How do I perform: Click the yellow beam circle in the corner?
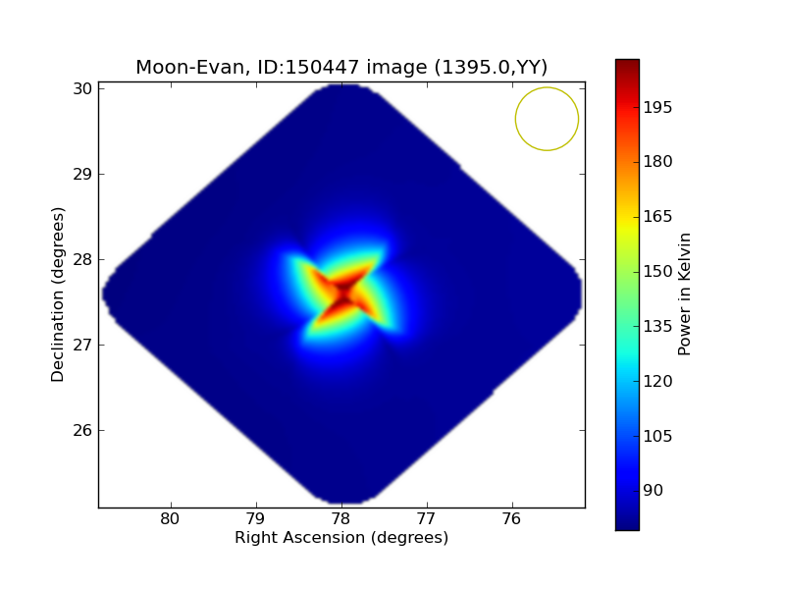click(547, 119)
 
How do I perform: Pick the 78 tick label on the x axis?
click(340, 519)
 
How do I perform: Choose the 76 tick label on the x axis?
click(511, 519)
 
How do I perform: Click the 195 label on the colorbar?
click(657, 107)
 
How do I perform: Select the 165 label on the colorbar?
click(657, 216)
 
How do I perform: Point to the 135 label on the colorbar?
click(657, 326)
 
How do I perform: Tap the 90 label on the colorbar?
click(654, 490)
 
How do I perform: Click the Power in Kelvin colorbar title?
click(685, 294)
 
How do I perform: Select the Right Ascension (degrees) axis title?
click(341, 538)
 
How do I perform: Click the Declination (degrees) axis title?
click(59, 294)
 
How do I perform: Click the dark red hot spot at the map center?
click(342, 292)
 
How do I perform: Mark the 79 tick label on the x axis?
click(256, 519)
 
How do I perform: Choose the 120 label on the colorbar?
click(657, 381)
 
